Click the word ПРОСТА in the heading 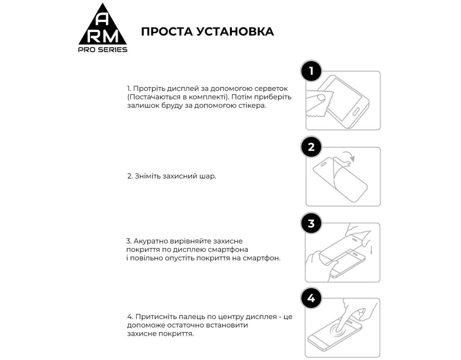tap(166, 31)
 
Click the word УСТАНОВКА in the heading tap(235, 31)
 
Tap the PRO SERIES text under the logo tap(103, 49)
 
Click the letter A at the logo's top tap(103, 18)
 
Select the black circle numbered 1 tap(311, 71)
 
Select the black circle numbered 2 tap(311, 147)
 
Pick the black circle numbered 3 tap(311, 223)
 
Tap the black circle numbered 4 tap(311, 298)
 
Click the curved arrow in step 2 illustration tap(349, 157)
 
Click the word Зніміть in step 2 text tap(145, 176)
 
